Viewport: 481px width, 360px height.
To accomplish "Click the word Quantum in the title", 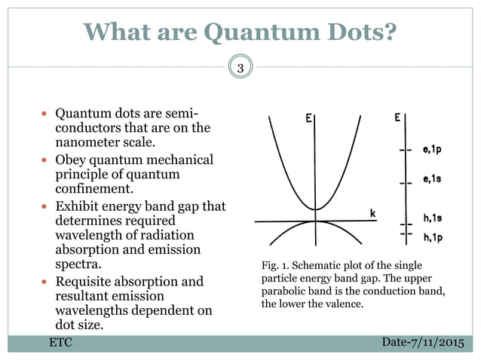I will [253, 32].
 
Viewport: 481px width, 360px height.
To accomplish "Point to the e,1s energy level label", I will [432, 179].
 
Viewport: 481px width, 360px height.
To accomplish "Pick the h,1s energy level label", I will [432, 219].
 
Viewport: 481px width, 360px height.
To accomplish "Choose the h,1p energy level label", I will [432, 238].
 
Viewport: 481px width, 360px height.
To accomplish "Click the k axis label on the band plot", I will [372, 214].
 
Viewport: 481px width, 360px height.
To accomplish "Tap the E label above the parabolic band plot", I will [310, 118].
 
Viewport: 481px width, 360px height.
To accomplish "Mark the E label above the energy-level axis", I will [397, 118].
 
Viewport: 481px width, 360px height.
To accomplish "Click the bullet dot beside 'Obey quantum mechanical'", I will [46, 160].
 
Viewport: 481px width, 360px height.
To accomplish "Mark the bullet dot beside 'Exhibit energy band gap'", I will [46, 206].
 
